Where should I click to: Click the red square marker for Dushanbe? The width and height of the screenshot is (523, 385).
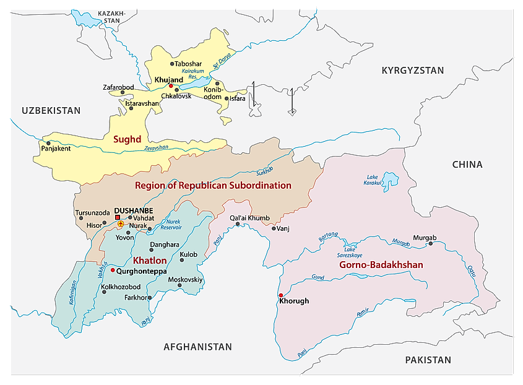pyautogui.click(x=118, y=217)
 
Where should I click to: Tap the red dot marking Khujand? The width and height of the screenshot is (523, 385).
pyautogui.click(x=171, y=86)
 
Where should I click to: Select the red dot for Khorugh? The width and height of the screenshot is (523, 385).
pyautogui.click(x=281, y=295)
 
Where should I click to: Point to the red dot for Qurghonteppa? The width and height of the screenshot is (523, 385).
pyautogui.click(x=112, y=270)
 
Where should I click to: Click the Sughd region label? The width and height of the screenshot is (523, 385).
pyautogui.click(x=128, y=140)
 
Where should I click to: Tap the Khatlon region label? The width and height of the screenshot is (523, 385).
pyautogui.click(x=150, y=261)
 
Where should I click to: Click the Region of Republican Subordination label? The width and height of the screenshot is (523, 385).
pyautogui.click(x=213, y=185)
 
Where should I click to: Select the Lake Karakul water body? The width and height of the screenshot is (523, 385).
pyautogui.click(x=389, y=181)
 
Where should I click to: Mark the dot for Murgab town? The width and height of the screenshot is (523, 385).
pyautogui.click(x=431, y=244)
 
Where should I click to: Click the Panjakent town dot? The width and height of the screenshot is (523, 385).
pyautogui.click(x=48, y=143)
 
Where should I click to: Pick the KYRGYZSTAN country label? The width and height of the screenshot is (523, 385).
pyautogui.click(x=413, y=71)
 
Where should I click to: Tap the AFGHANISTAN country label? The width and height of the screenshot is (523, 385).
pyautogui.click(x=197, y=347)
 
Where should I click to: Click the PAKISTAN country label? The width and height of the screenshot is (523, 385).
pyautogui.click(x=428, y=360)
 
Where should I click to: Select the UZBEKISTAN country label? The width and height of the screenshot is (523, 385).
pyautogui.click(x=51, y=111)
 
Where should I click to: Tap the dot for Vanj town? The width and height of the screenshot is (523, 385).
pyautogui.click(x=274, y=228)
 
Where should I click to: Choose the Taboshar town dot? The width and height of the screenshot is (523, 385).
pyautogui.click(x=172, y=64)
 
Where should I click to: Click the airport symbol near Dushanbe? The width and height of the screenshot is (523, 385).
pyautogui.click(x=120, y=223)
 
